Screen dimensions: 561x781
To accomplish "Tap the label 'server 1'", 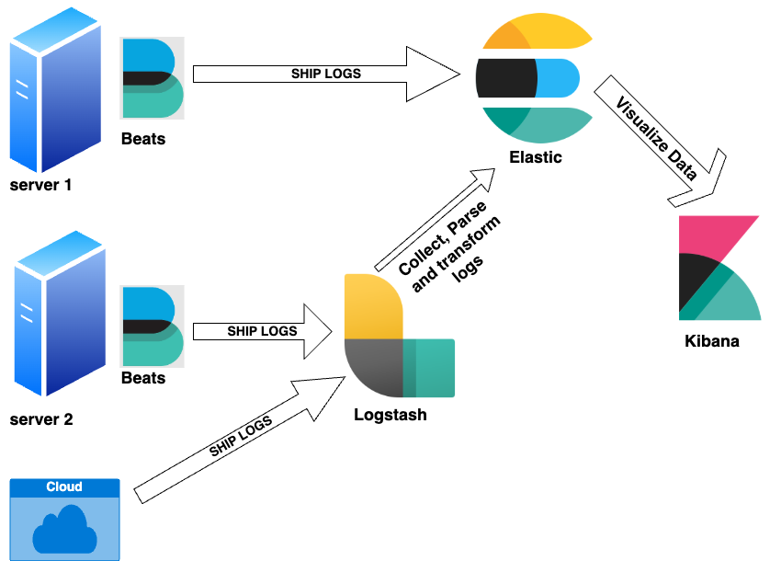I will (40, 185).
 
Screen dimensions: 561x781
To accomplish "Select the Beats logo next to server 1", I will (153, 78).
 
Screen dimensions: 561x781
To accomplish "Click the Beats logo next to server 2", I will (153, 326).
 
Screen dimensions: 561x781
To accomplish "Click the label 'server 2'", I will (40, 420).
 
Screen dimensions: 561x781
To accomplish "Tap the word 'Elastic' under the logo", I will (536, 157).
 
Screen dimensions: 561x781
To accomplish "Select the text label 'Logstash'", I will (390, 415).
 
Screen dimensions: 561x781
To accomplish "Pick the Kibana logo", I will (719, 268).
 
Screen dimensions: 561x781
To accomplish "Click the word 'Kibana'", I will (712, 341).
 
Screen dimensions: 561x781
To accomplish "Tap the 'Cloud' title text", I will (64, 487).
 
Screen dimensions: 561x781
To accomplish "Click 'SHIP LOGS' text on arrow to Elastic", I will (326, 74).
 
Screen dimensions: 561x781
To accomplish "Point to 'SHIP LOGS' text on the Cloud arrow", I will (241, 437).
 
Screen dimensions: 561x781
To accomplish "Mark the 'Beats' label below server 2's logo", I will (143, 378).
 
